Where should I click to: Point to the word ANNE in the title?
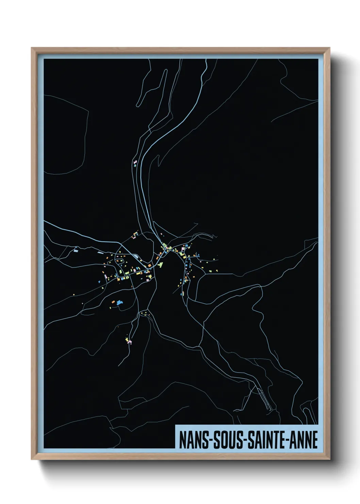click(x=305, y=440)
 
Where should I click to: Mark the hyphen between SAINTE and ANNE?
click(x=289, y=441)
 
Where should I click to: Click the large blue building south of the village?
click(x=119, y=303)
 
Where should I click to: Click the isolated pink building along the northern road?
click(x=135, y=161)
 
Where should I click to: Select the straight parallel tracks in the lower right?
click(x=264, y=398)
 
